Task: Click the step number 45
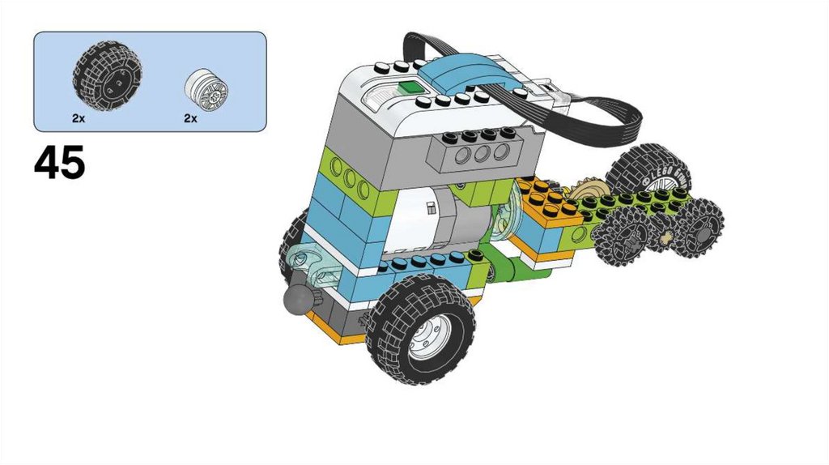coord(59,162)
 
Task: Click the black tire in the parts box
coord(107,76)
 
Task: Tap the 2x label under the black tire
coord(79,119)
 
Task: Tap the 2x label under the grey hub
coord(190,119)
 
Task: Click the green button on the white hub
coord(409,87)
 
